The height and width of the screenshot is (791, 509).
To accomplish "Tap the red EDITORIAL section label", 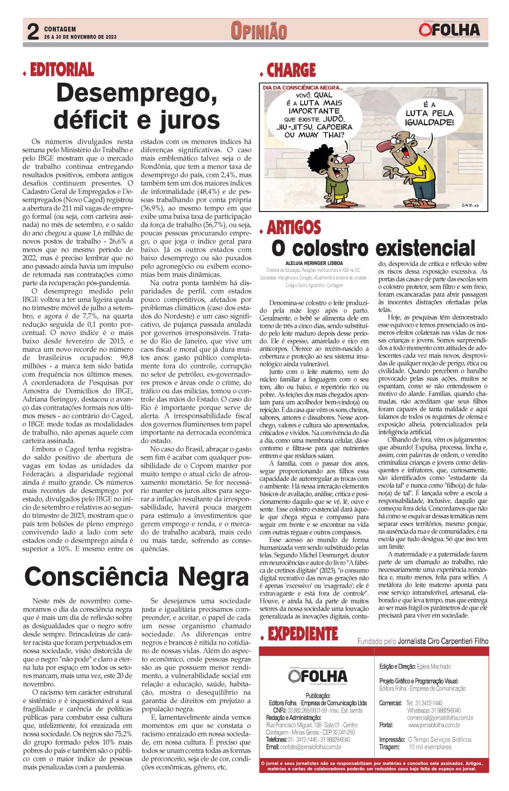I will [x=62, y=70].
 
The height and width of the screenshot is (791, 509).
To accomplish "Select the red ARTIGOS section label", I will [x=294, y=226].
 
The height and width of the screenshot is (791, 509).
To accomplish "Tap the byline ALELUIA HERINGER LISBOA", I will [x=314, y=263].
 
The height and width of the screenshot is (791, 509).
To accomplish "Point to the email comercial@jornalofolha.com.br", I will [x=440, y=718].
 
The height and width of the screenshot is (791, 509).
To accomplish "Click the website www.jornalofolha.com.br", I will [x=441, y=725].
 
